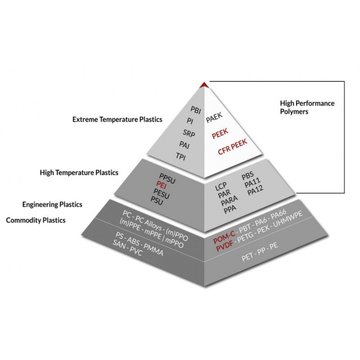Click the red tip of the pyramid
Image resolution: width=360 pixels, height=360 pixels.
[205, 84]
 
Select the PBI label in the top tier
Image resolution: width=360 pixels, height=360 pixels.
[196, 109]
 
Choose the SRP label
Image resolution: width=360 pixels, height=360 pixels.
[189, 132]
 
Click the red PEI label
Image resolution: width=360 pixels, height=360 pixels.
[162, 184]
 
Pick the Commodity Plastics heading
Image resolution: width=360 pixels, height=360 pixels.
[36, 220]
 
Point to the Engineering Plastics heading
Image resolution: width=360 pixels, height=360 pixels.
[52, 205]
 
